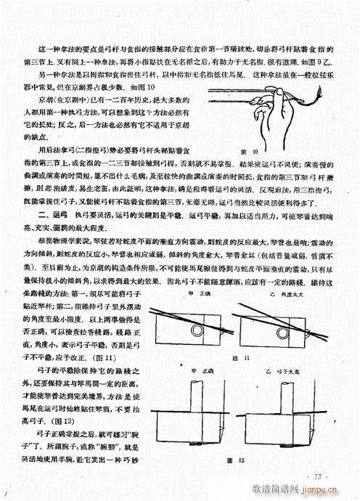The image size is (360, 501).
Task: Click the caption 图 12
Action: pos(252,461)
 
